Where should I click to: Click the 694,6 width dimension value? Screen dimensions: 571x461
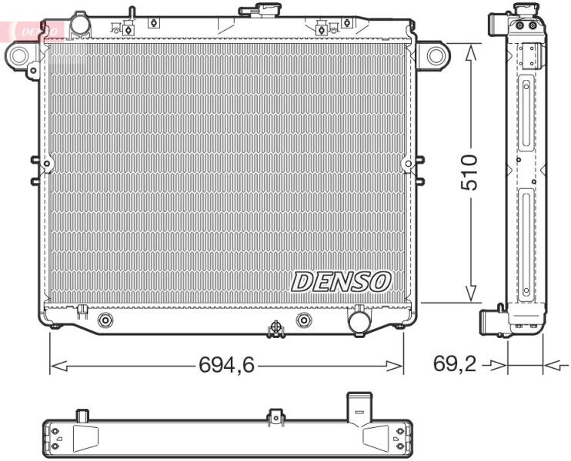point(226,364)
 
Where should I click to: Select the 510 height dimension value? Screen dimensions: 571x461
point(469,172)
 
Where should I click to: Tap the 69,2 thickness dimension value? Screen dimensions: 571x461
point(455,363)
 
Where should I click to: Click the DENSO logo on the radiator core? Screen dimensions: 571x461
point(340,281)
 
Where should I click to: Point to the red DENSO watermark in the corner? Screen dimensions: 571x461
point(33,32)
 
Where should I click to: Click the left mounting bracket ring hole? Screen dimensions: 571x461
point(18,55)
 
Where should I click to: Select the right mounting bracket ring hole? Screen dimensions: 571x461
point(436,55)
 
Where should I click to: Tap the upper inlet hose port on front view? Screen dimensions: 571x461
point(81,24)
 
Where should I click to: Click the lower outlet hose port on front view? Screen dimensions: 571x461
point(359,320)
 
